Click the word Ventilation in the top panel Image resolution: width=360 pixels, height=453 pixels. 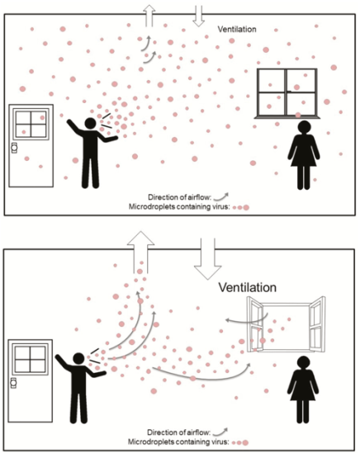tap(237, 29)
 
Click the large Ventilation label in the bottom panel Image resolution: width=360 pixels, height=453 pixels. tap(247, 287)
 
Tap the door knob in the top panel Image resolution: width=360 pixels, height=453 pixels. tap(14, 148)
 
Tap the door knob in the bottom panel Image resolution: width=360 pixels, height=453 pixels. tap(13, 383)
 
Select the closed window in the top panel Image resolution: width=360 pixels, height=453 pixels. tap(287, 93)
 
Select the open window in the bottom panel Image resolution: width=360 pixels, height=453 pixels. tap(286, 324)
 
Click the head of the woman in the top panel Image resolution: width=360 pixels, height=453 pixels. tap(304, 127)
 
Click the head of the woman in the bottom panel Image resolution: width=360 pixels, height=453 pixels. tap(303, 363)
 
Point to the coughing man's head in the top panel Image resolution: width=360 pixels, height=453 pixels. tap(90, 124)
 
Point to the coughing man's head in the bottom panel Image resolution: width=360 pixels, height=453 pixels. tap(78, 359)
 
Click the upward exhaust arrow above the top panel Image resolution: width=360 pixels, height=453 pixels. tap(149, 15)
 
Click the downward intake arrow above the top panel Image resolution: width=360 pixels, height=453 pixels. tap(199, 16)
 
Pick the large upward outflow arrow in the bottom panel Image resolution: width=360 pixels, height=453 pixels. tap(140, 252)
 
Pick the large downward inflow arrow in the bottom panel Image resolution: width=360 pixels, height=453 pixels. tap(207, 259)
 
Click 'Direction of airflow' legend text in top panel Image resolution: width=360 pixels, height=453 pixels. tap(179, 197)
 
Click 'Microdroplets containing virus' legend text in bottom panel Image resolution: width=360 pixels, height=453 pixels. tap(178, 442)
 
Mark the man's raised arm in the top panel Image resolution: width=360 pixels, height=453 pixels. tap(76, 127)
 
